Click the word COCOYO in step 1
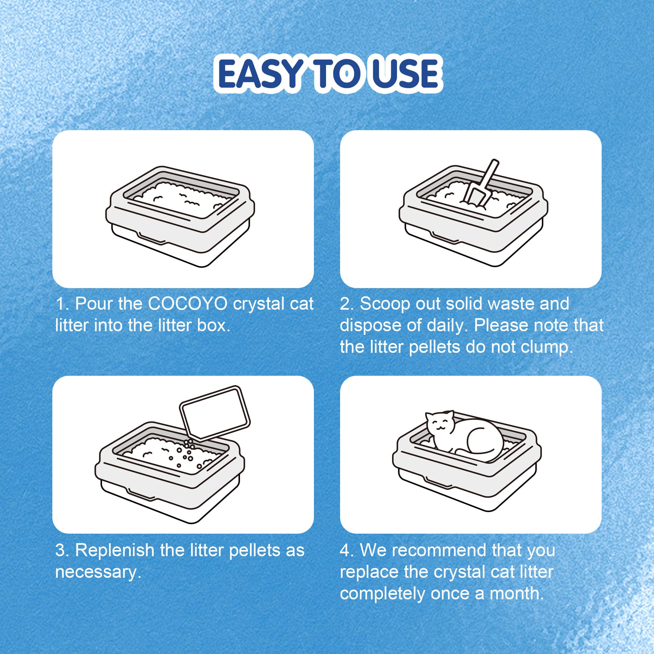[188, 304]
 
